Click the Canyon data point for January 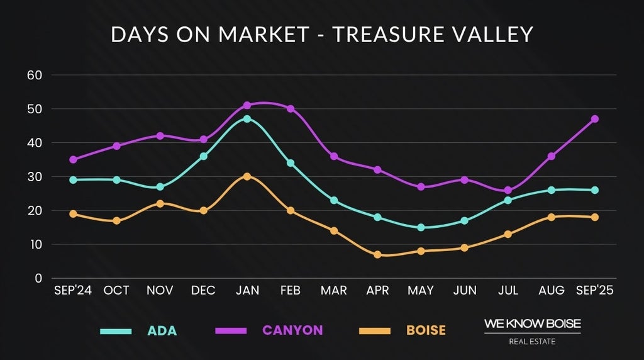[247, 105]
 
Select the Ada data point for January [247, 119]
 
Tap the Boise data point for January [247, 176]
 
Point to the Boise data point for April [377, 254]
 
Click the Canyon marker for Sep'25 [594, 119]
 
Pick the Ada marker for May [421, 227]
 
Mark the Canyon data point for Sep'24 [73, 159]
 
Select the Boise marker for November [160, 203]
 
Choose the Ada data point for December [204, 156]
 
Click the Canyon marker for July [508, 190]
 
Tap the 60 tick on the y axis [34, 75]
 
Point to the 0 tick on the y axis [38, 278]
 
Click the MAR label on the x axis [333, 290]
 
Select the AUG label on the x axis [551, 290]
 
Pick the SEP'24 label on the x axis [73, 290]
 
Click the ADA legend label [162, 330]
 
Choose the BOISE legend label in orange [425, 330]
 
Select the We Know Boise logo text [532, 324]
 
